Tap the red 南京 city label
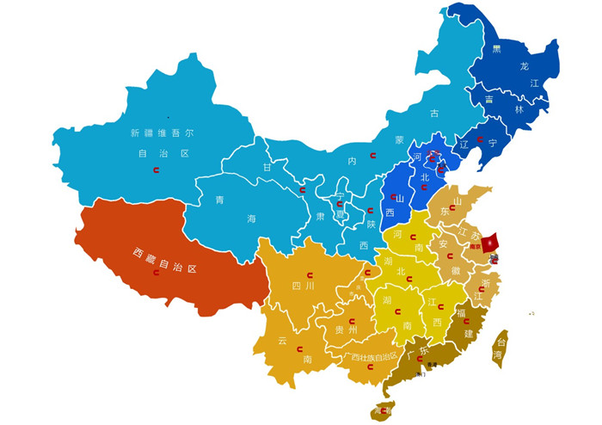pyautogui.click(x=473, y=246)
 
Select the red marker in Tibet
pyautogui.click(x=156, y=273)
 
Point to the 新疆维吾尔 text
pyautogui.click(x=162, y=133)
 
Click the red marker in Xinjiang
pyautogui.click(x=156, y=170)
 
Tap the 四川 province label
pyautogui.click(x=303, y=285)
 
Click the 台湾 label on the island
pyautogui.click(x=498, y=347)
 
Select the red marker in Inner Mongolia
pyautogui.click(x=373, y=155)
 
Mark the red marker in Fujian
pyautogui.click(x=466, y=322)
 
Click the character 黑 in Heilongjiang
pyautogui.click(x=496, y=49)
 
